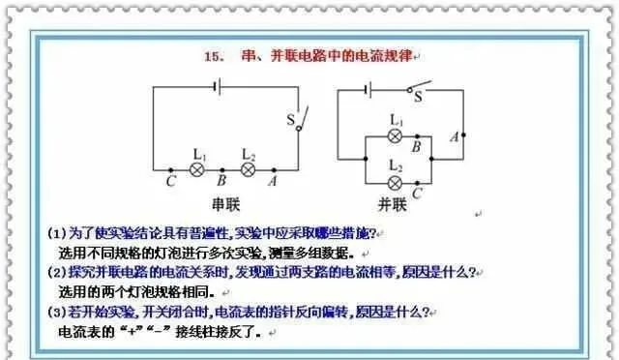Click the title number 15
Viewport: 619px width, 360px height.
coord(214,57)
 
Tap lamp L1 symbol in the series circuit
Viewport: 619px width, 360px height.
coord(196,168)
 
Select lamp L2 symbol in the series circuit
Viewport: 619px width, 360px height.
coord(248,168)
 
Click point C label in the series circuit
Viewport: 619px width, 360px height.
coord(170,181)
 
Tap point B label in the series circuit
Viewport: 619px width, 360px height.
coord(221,181)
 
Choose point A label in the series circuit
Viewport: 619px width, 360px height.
coord(273,181)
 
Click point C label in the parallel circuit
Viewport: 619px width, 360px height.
coord(417,193)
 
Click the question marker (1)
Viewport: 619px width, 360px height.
coord(56,234)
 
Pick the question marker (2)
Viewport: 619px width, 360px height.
coord(56,273)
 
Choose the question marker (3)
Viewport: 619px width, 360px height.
coord(56,313)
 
